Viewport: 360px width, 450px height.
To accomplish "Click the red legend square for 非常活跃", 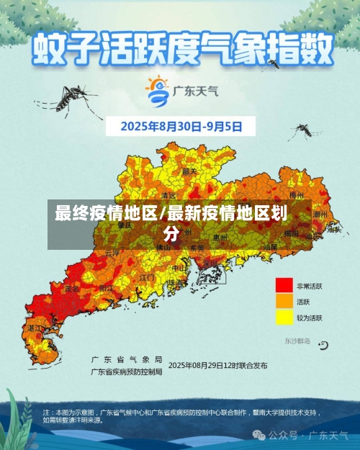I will [284, 286].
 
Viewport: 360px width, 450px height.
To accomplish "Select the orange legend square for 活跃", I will [284, 302].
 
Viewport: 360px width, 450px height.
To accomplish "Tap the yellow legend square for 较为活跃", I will [284, 317].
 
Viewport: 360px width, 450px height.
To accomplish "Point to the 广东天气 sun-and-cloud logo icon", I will [157, 90].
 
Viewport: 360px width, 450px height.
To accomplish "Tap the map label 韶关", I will [189, 171].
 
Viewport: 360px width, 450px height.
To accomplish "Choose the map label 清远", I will [168, 195].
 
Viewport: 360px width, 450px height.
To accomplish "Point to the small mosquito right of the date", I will [304, 130].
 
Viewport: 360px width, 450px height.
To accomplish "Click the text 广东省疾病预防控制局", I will [127, 372].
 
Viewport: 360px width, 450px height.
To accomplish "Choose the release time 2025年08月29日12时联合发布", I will [219, 365].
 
